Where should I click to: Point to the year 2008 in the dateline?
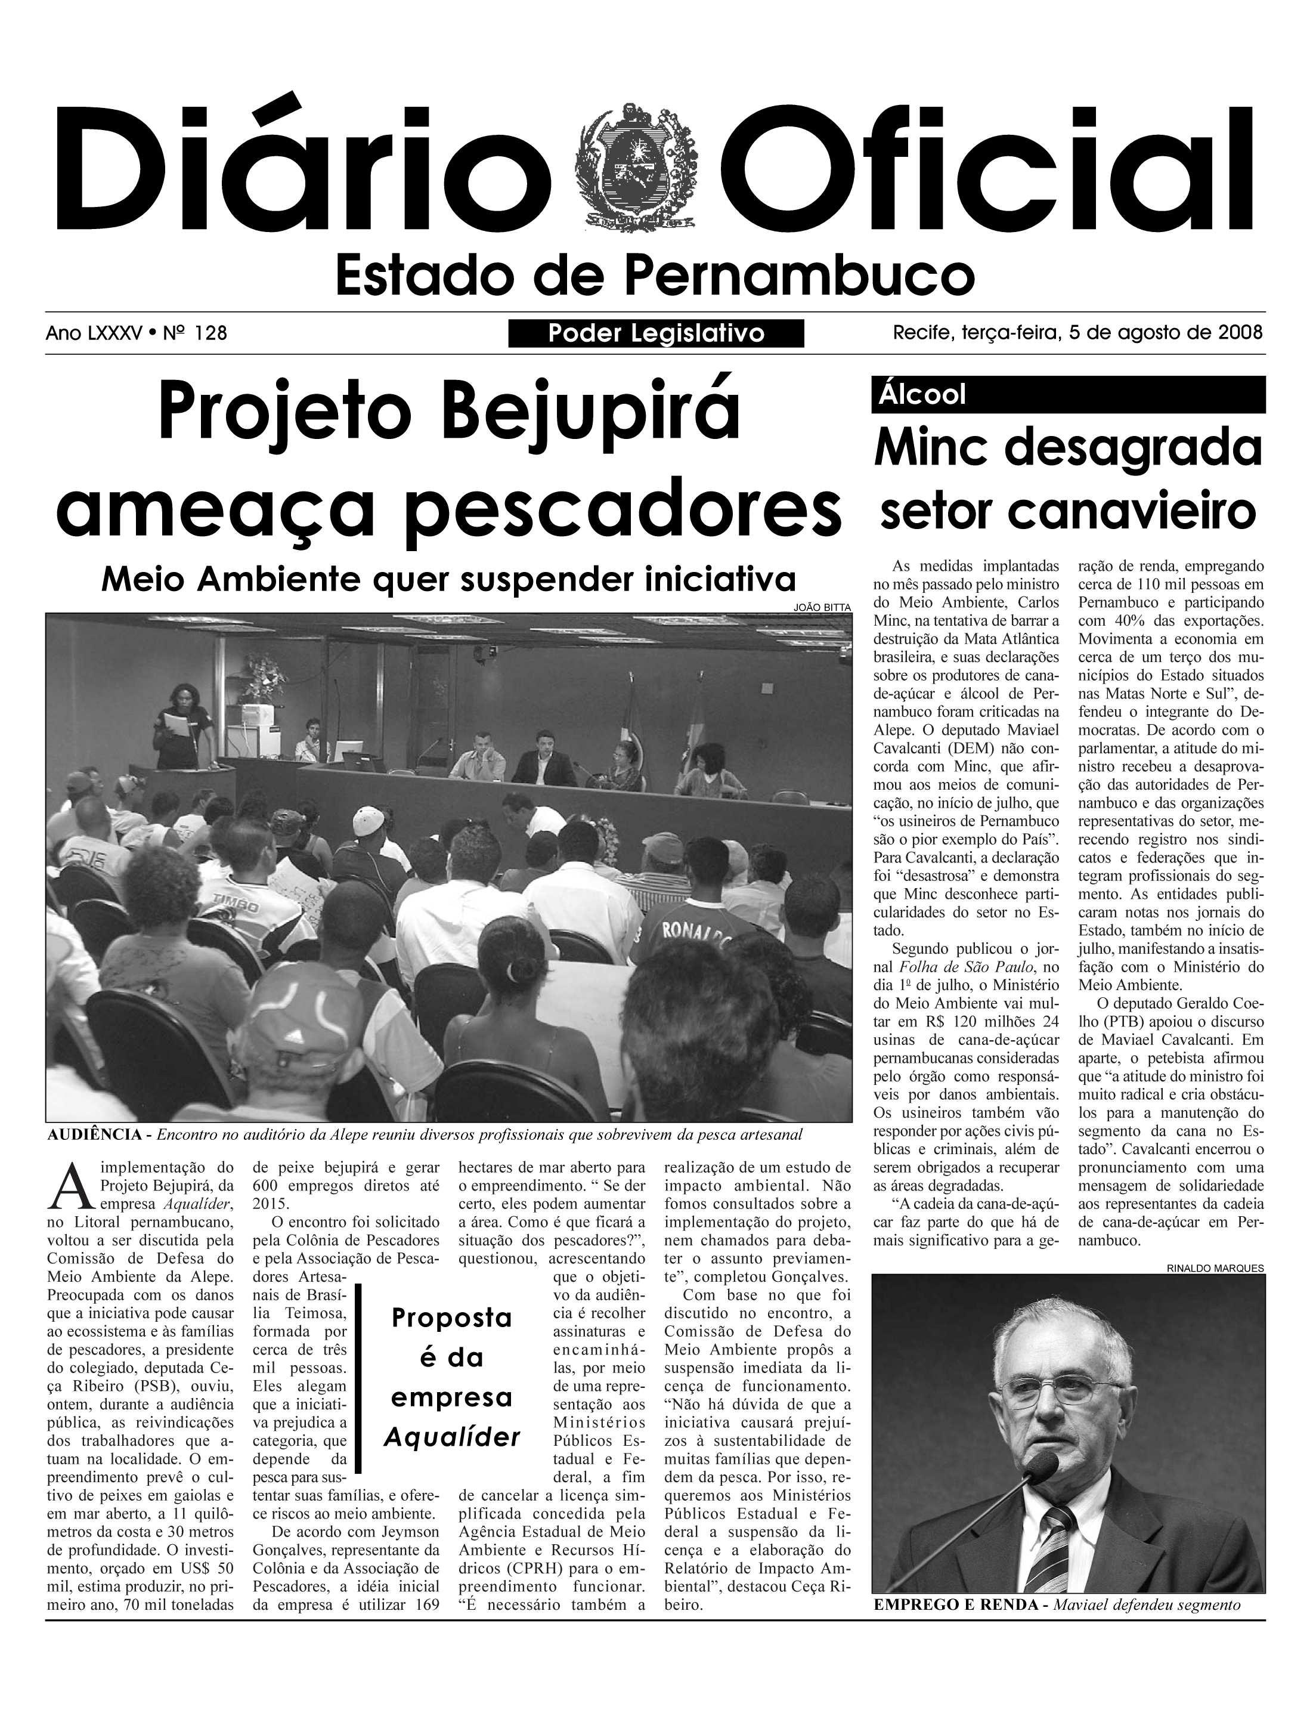coord(1240,333)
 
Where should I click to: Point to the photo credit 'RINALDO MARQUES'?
coord(1215,1268)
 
